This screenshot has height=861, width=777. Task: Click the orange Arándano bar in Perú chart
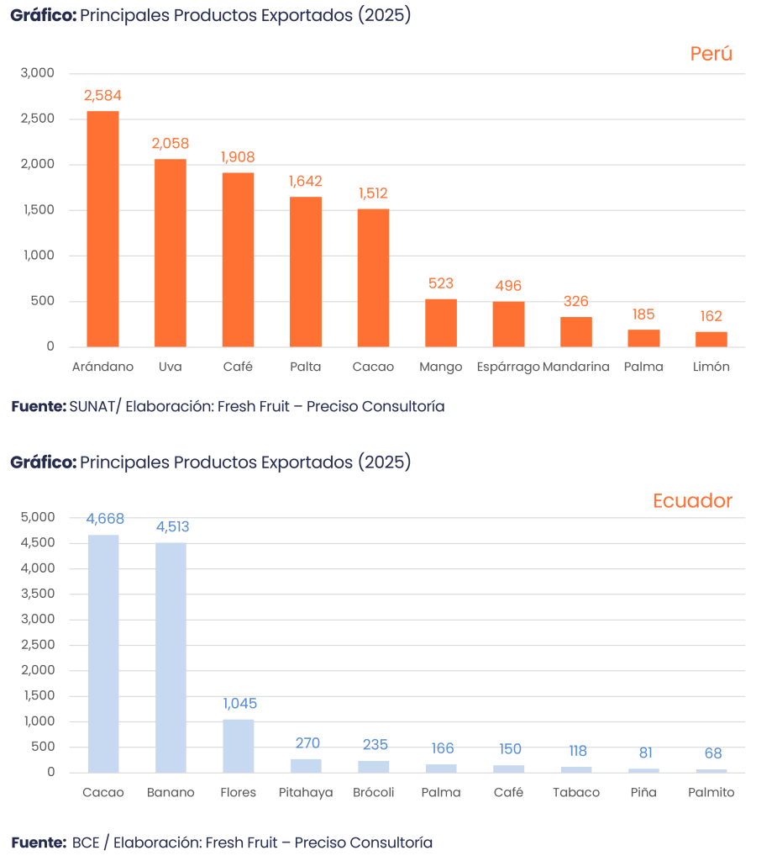[103, 229]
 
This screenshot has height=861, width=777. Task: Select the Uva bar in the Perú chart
[171, 252]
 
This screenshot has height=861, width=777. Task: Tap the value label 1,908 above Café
[238, 157]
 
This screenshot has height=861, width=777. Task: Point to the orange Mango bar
[441, 323]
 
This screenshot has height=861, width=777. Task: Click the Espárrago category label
[507, 367]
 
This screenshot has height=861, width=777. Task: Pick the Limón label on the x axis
[711, 367]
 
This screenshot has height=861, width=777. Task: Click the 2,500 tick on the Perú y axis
[39, 119]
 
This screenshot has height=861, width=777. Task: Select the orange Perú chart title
[711, 54]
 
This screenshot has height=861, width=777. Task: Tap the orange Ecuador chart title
[692, 501]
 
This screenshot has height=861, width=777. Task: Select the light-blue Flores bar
[239, 745]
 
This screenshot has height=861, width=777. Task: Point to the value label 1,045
[239, 704]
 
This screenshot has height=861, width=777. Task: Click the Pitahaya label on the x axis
[306, 793]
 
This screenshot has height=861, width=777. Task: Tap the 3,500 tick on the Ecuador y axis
[39, 594]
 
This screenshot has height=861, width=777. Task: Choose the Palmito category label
[711, 793]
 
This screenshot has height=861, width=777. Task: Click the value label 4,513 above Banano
[171, 528]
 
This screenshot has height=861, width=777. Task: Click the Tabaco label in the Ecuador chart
[576, 793]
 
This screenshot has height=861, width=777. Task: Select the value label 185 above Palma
[643, 314]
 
